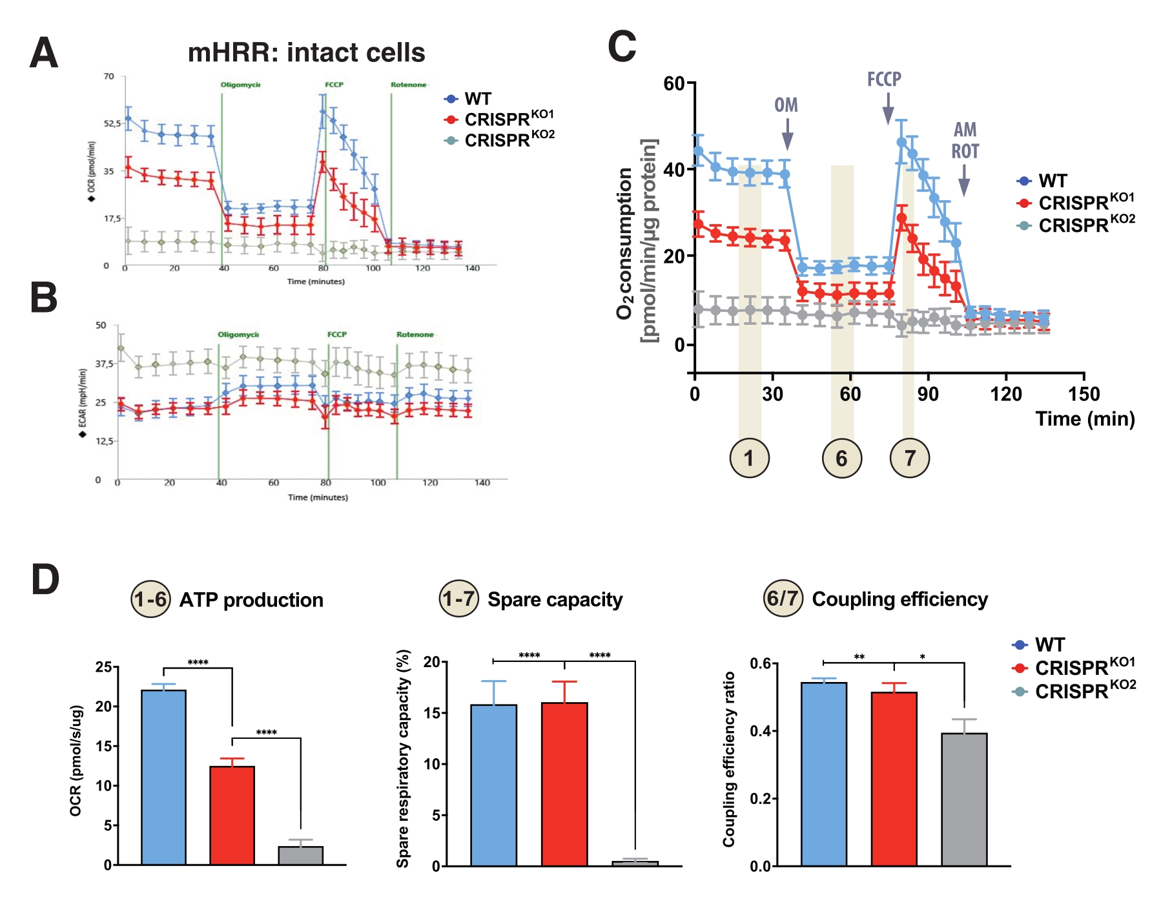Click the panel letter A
tap(44, 53)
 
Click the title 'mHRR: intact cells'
tap(306, 52)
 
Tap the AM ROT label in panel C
tap(965, 141)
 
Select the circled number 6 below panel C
tap(841, 458)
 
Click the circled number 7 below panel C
tap(910, 458)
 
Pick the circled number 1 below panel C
tap(749, 458)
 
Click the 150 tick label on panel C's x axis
tap(1084, 394)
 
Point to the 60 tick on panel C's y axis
tap(674, 83)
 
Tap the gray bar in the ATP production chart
tap(301, 855)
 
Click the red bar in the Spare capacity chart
tap(564, 784)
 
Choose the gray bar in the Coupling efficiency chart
tap(964, 799)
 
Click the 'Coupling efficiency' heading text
tap(899, 599)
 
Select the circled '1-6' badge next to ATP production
tap(150, 599)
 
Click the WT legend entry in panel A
tap(469, 99)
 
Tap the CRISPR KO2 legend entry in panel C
tap(1076, 225)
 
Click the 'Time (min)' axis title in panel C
tap(1085, 418)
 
